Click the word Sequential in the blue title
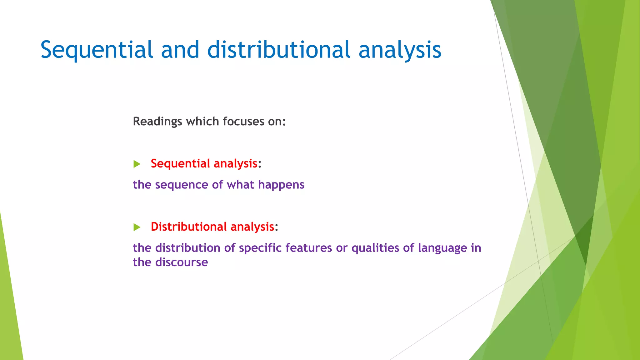coord(97,50)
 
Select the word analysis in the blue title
coord(400,50)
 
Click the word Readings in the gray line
coord(157,122)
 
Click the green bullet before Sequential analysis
coord(137,164)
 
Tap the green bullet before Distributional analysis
coord(137,227)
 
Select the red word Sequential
coord(180,163)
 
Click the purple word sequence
coord(182,185)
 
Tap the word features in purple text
coord(308,248)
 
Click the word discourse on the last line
coord(182,262)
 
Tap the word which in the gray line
coord(202,122)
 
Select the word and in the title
coord(180,50)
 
